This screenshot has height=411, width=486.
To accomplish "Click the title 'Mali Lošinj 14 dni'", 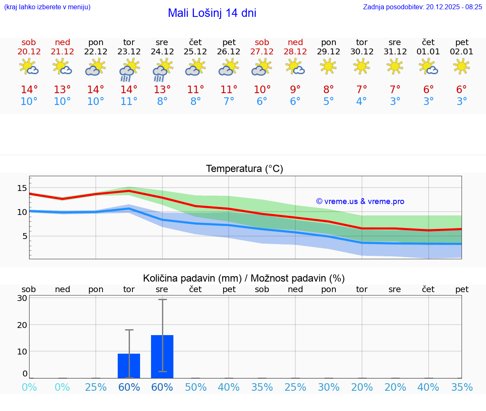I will pos(212,13).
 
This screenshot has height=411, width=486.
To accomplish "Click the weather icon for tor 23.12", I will pos(129,69).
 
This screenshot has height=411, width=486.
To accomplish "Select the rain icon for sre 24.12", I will pos(162,69).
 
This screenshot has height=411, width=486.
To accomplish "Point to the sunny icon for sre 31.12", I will pos(394,67).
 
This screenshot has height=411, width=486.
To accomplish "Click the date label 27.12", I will pos(262,52).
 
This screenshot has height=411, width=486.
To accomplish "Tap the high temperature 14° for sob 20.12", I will pos(29,90).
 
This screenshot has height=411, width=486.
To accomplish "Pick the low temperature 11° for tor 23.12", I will pos(129,102).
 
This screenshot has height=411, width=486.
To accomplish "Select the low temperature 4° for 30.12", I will pos(362,102).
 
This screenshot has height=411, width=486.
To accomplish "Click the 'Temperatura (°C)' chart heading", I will pos(244,169).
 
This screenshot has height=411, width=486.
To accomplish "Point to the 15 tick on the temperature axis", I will pos(22,188).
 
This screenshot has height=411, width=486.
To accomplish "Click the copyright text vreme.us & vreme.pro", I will pos(360,201).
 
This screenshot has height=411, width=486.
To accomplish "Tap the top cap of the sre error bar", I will pos(162,299).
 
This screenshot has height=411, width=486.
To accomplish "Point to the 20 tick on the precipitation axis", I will pos(22,325).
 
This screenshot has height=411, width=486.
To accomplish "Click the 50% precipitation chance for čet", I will pos(195,387).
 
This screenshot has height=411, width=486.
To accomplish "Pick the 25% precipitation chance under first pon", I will pos(96,387).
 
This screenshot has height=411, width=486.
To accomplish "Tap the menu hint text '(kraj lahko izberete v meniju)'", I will pos(47,7).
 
